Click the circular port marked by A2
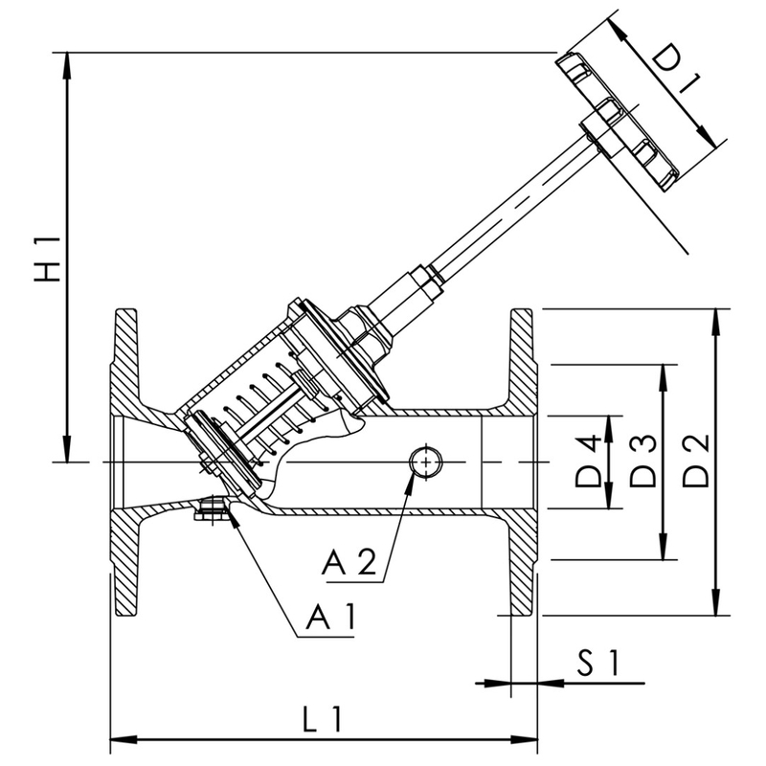[424, 462]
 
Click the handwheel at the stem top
[622, 120]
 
